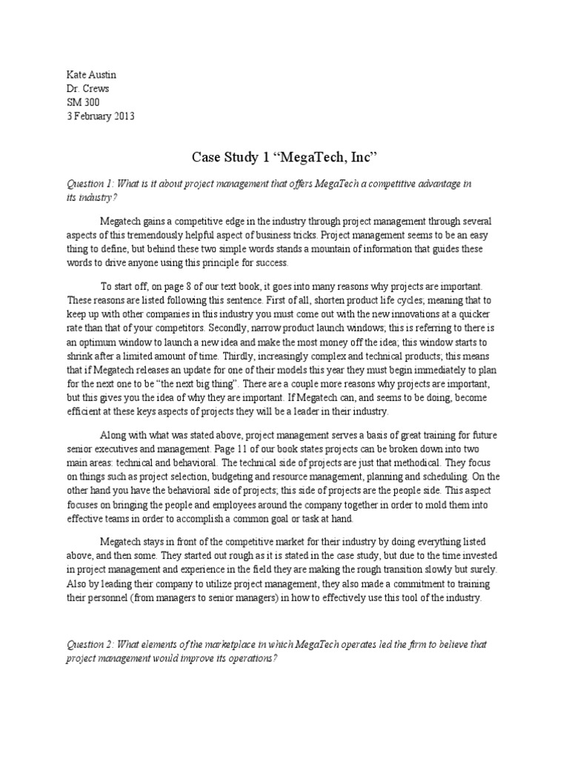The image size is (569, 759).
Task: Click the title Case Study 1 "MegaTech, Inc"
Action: (284, 158)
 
